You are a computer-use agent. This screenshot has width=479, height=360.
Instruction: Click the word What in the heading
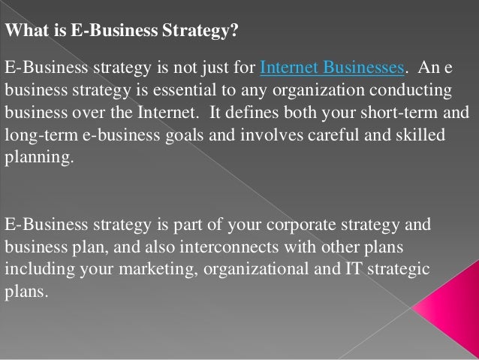[x=23, y=32]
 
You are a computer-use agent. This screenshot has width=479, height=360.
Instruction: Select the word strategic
[x=399, y=268]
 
